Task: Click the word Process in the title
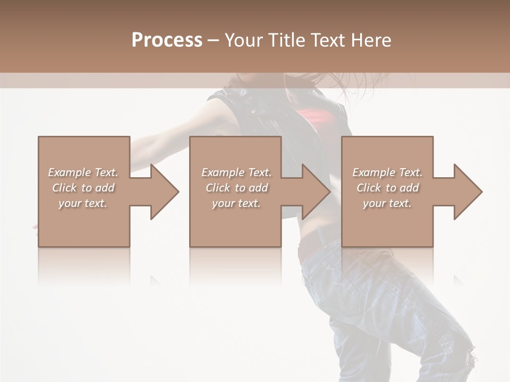(x=167, y=40)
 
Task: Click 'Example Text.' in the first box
(x=83, y=172)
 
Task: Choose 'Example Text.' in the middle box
(x=236, y=172)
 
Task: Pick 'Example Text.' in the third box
(x=387, y=172)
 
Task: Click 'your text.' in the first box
(x=83, y=203)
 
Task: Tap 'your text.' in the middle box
(x=236, y=203)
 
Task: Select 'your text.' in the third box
(x=387, y=203)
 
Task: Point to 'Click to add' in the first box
(x=83, y=188)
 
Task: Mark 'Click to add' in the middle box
(x=236, y=188)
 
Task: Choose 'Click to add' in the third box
(x=387, y=188)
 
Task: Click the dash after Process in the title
(x=214, y=40)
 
